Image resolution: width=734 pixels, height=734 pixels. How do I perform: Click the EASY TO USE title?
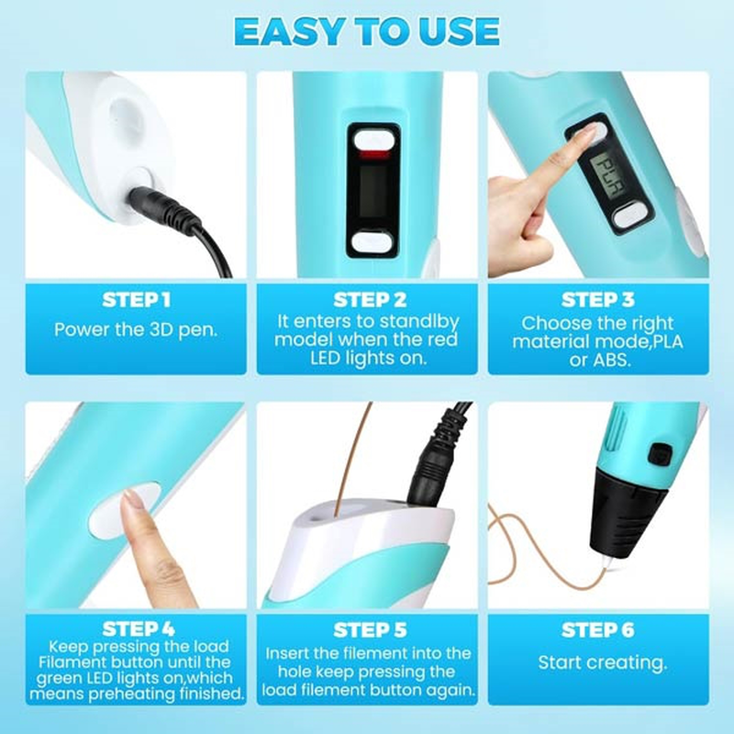[x=367, y=31]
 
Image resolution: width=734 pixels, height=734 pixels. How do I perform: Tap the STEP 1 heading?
[x=136, y=300]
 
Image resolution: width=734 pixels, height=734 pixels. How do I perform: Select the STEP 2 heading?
[x=370, y=300]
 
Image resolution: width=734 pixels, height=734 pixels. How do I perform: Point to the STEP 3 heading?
[x=598, y=300]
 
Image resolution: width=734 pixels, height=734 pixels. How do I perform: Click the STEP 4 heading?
[x=139, y=629]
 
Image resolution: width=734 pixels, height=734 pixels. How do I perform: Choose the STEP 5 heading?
[x=370, y=630]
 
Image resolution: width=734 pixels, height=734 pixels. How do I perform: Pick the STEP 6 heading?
[x=598, y=630]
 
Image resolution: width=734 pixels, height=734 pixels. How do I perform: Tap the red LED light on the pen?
[x=373, y=155]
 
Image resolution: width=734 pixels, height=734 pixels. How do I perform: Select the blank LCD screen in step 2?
[x=373, y=192]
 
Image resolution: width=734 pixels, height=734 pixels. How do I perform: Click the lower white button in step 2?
[x=373, y=242]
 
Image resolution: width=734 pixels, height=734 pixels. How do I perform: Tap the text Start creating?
[x=602, y=662]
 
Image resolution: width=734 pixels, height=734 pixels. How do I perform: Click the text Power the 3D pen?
[x=136, y=329]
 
